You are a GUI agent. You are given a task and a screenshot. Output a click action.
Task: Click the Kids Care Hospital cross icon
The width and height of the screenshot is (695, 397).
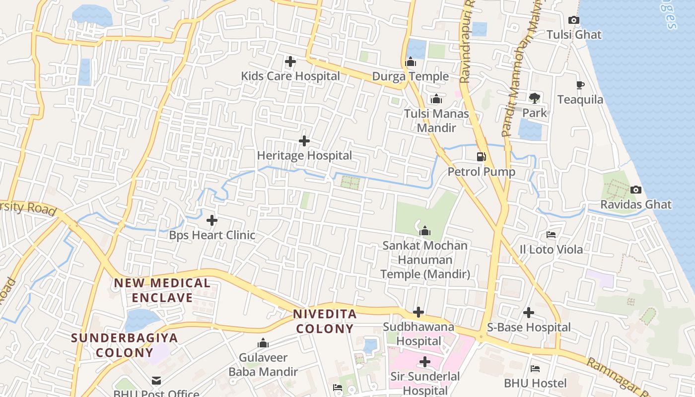[x=290, y=62]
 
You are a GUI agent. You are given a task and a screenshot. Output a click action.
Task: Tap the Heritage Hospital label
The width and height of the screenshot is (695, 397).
[x=304, y=155]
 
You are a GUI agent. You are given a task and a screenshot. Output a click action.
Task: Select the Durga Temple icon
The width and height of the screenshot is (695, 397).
[x=411, y=62]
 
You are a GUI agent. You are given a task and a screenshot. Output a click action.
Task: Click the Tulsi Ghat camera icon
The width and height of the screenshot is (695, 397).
[x=574, y=20]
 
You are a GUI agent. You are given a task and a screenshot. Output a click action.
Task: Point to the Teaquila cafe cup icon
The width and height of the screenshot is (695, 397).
[x=580, y=85]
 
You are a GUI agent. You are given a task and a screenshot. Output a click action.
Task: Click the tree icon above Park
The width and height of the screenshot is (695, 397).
[x=535, y=98]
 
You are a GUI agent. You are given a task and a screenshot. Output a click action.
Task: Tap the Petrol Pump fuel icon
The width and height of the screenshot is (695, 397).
[x=481, y=157]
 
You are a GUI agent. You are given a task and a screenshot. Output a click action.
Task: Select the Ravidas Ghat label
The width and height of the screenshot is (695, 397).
[x=636, y=204]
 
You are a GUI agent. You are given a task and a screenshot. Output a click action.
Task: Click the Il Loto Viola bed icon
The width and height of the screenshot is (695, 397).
[x=551, y=235]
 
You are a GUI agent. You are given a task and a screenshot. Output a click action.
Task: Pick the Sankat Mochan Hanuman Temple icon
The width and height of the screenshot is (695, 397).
[x=425, y=231]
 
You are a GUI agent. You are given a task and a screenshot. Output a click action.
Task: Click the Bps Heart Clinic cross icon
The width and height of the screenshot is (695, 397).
[x=212, y=220]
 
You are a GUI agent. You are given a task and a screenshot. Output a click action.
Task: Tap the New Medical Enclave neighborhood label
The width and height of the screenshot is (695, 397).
[x=162, y=290]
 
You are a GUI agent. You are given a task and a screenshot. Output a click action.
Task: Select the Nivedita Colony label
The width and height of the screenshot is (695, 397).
[x=325, y=321]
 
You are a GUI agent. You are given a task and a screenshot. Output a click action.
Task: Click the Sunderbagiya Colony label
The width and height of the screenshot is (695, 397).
[x=125, y=345]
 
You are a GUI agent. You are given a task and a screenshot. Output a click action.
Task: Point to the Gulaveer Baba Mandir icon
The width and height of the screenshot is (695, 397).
[x=263, y=343]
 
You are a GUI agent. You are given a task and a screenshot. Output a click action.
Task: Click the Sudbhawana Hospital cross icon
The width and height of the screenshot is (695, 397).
[x=418, y=313]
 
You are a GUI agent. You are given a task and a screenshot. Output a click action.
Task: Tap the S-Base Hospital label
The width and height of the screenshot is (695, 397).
[x=529, y=328]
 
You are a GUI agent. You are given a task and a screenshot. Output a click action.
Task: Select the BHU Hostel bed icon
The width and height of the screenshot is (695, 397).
[x=535, y=369]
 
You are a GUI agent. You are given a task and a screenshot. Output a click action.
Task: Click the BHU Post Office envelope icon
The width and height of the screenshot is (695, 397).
[x=156, y=381]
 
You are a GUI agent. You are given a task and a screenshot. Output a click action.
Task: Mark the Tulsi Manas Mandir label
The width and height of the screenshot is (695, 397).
[x=436, y=121]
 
